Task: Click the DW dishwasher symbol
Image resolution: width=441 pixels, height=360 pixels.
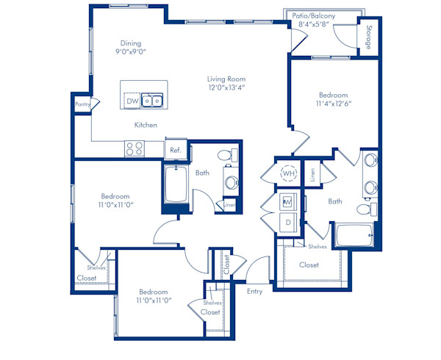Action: (132, 101)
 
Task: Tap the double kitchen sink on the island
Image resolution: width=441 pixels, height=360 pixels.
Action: (152, 101)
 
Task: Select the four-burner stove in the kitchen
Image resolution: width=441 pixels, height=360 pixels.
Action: (135, 148)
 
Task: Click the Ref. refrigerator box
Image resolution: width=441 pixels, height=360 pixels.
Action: (176, 149)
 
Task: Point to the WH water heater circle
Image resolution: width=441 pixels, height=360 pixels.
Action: (289, 173)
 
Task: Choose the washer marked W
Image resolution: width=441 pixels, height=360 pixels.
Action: (287, 201)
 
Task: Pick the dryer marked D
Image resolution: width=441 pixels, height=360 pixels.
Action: (287, 223)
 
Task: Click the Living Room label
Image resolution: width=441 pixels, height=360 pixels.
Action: (226, 79)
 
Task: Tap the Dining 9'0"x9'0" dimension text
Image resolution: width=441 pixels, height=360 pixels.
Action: (131, 51)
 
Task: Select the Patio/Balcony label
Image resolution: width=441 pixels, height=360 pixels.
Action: (314, 15)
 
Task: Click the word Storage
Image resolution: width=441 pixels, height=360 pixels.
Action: (369, 37)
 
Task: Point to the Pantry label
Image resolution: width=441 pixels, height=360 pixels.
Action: (82, 104)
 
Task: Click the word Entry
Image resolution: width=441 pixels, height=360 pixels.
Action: (255, 292)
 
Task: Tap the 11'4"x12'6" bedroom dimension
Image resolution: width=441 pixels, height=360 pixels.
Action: (334, 104)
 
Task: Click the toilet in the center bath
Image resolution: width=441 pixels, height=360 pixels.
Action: (228, 155)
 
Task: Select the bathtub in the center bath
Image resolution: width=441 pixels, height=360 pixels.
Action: (176, 184)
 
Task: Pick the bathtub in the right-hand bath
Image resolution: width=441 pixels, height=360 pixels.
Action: (354, 235)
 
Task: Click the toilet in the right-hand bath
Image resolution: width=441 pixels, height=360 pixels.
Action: (367, 209)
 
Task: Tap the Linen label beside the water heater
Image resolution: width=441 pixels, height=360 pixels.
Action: (312, 175)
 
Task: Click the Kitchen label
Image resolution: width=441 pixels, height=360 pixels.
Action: (146, 125)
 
